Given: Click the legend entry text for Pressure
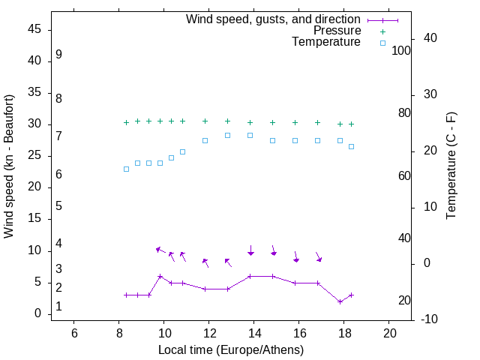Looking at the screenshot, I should (x=337, y=31).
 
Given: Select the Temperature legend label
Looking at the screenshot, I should (x=326, y=42).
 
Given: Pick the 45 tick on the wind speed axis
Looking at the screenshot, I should (x=36, y=29).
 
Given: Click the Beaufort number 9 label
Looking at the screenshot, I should (x=58, y=55).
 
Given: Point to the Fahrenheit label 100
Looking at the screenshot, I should (x=401, y=51).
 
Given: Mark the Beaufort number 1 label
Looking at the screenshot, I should (x=58, y=307).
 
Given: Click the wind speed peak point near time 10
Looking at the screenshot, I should (x=160, y=276).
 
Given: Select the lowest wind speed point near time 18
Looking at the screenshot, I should (x=340, y=301).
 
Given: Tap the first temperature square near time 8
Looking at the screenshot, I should (x=126, y=169).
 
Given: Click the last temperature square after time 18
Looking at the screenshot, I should (x=351, y=146).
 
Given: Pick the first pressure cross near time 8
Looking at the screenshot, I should (x=126, y=122).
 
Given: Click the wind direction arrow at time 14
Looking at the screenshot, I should (x=250, y=250).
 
